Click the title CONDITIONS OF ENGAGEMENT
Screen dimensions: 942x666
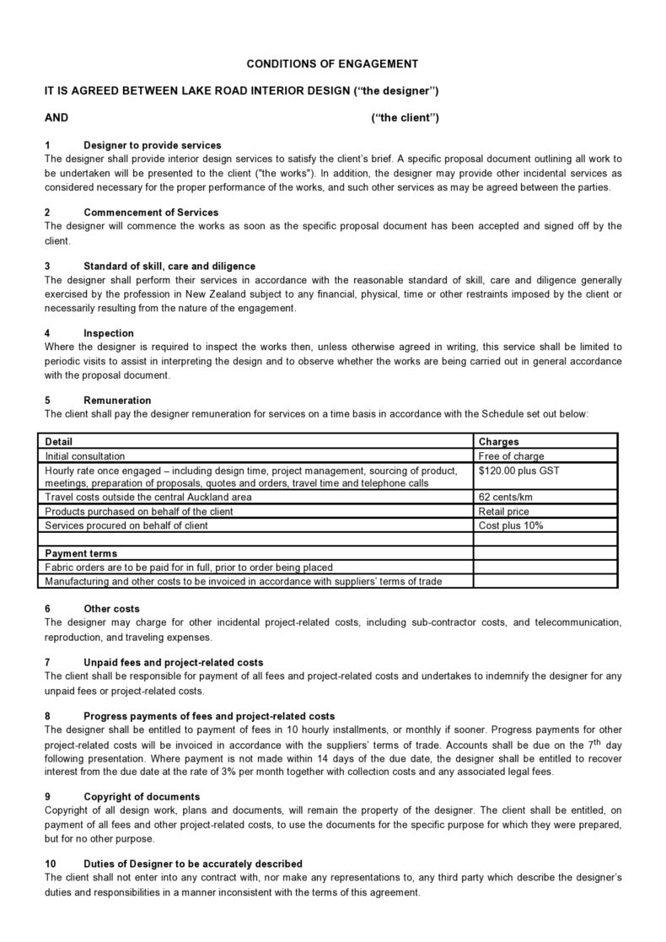point(332,63)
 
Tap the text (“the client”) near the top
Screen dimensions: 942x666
point(405,117)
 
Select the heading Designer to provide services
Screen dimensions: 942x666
point(152,145)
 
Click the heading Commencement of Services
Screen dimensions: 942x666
point(151,213)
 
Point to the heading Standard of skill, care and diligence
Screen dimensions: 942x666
point(169,266)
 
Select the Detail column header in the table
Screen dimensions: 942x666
point(58,441)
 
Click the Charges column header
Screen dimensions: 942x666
point(498,441)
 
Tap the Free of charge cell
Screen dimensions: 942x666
point(511,456)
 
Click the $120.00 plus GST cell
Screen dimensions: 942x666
point(518,470)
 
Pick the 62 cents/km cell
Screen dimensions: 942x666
point(505,498)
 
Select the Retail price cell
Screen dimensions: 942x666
point(503,511)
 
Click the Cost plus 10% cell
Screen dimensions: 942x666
point(510,525)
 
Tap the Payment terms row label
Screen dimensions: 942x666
point(80,553)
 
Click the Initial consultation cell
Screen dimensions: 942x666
point(84,456)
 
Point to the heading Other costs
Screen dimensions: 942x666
point(111,608)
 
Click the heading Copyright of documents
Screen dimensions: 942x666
point(141,796)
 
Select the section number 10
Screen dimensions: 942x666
point(50,864)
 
